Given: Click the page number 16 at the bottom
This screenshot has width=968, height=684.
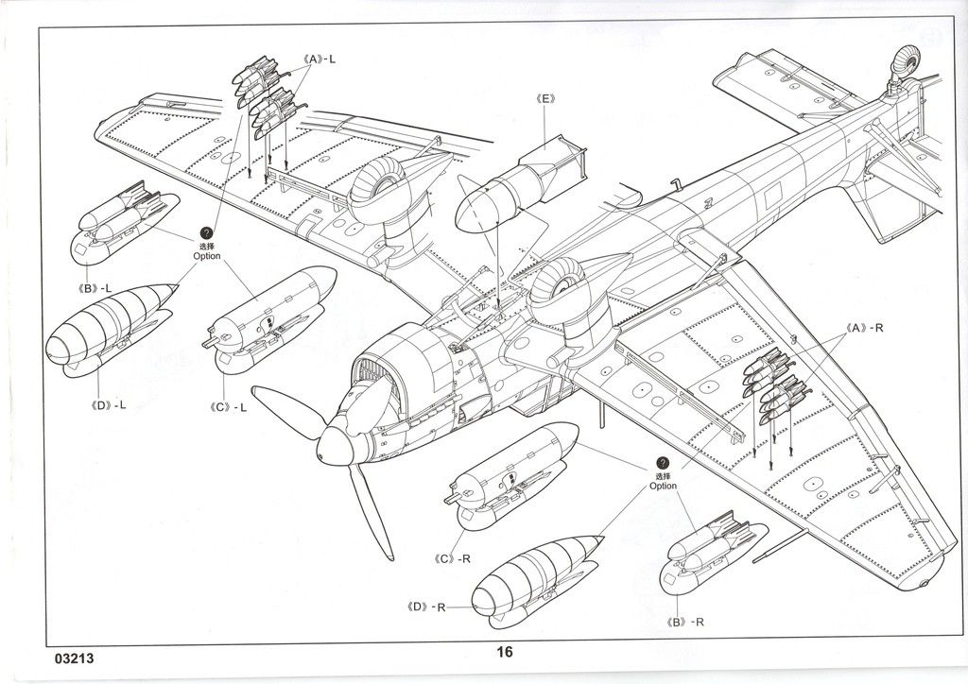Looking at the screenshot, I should [x=504, y=652].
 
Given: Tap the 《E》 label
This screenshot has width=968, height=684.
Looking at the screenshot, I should [x=546, y=98].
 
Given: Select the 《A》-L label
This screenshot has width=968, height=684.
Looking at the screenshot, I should [x=321, y=59].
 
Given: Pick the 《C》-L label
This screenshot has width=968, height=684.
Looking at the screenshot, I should [x=229, y=408].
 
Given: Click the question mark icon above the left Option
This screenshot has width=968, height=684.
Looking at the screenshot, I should [x=205, y=232].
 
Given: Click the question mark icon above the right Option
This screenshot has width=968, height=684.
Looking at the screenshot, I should [x=662, y=464].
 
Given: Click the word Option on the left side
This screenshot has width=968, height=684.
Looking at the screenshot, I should [x=206, y=256].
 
